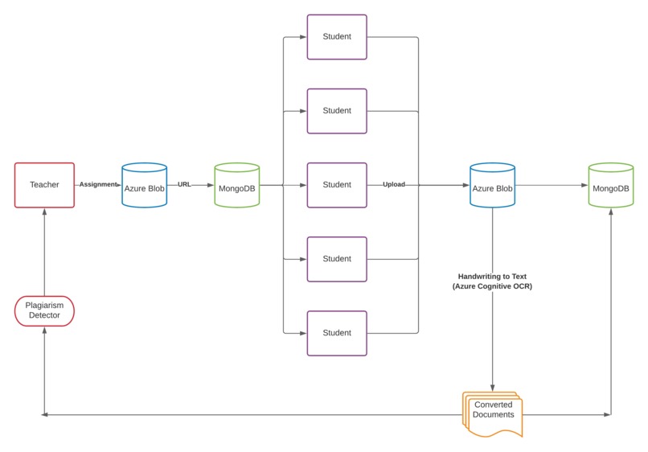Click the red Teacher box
pyautogui.click(x=45, y=185)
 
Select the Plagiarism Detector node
pyautogui.click(x=45, y=311)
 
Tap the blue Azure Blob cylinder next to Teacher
pyautogui.click(x=144, y=185)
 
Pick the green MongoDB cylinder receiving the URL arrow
pyautogui.click(x=237, y=185)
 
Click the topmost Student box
pyautogui.click(x=337, y=37)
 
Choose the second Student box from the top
pyautogui.click(x=337, y=111)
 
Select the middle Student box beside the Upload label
pyautogui.click(x=337, y=185)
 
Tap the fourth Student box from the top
pyautogui.click(x=337, y=259)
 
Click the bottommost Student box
pyautogui.click(x=337, y=333)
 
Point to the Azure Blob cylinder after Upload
pyautogui.click(x=492, y=185)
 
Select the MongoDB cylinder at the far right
pyautogui.click(x=611, y=185)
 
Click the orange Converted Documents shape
pyautogui.click(x=493, y=414)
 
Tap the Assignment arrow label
pyautogui.click(x=98, y=184)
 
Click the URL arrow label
pyautogui.click(x=184, y=184)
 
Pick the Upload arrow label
pyautogui.click(x=394, y=184)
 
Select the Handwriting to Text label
pyautogui.click(x=492, y=276)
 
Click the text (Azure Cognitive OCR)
pyautogui.click(x=492, y=286)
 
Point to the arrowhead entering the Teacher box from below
pyautogui.click(x=45, y=211)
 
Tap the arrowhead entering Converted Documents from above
pyautogui.click(x=492, y=388)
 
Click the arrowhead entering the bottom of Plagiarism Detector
pyautogui.click(x=45, y=330)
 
